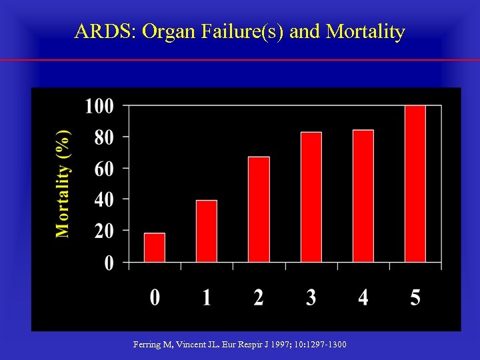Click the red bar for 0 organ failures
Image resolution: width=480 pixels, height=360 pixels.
pos(155,247)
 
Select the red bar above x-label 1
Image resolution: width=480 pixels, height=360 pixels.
pos(207,231)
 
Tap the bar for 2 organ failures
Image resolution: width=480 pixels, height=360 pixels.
pos(259,209)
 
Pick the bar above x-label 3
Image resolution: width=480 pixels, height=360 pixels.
pos(311,197)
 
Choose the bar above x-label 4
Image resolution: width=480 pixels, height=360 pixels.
pos(363,195)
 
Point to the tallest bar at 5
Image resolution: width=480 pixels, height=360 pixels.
pos(415,183)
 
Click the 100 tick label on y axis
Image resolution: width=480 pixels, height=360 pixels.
pos(99,106)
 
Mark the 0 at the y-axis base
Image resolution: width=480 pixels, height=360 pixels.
pos(108,263)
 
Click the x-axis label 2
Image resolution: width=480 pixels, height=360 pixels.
pos(259,297)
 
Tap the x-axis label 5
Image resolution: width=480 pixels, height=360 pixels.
pos(415,297)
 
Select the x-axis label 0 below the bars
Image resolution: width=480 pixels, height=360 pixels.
pos(155,297)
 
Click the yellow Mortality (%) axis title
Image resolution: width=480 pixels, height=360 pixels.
pos(63,183)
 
